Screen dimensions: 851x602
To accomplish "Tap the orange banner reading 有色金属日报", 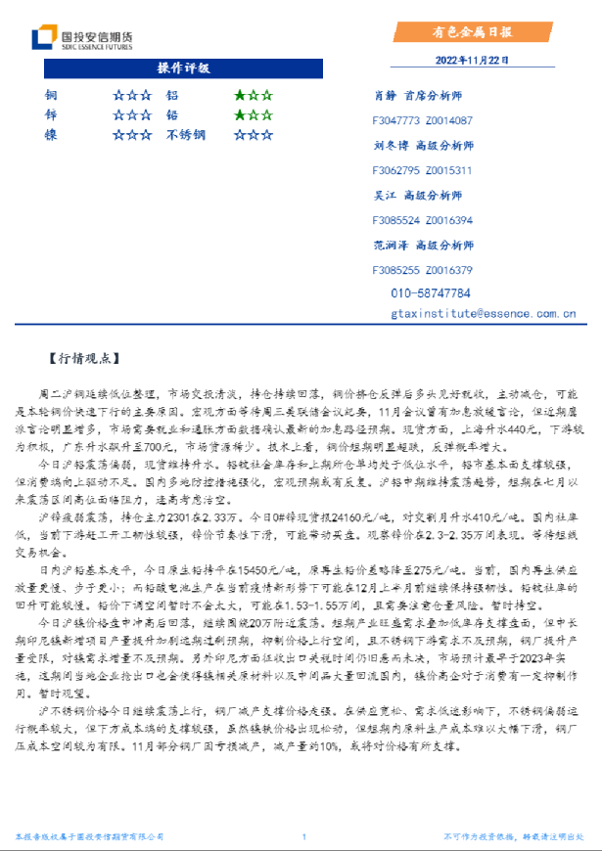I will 474,31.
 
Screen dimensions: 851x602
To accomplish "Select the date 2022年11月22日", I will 473,59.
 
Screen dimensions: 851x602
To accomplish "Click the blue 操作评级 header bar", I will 183,68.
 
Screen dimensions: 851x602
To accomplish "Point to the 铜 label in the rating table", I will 50,96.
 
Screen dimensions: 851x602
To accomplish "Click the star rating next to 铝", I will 253,96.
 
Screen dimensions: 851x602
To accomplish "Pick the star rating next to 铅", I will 253,115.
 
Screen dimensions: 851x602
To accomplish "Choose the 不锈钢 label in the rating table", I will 185,135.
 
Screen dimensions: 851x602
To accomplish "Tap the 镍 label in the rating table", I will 50,135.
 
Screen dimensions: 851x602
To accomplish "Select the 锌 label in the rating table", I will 50,115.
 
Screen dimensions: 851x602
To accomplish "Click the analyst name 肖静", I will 385,96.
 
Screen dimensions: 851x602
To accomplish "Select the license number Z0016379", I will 449,270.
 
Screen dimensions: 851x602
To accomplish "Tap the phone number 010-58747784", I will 431,293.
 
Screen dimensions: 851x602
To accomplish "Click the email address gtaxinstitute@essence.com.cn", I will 483,314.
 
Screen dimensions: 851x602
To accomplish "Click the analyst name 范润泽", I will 391,245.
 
